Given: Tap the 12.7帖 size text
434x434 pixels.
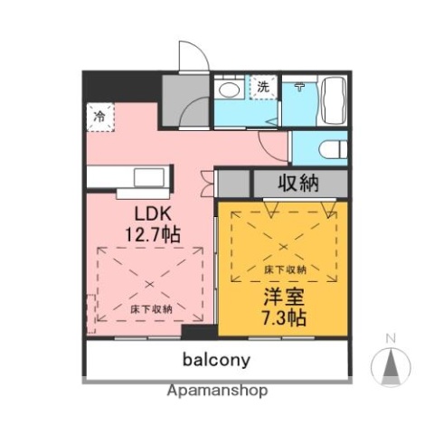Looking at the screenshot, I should (151, 234).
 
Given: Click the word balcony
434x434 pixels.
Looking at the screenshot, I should (217, 360).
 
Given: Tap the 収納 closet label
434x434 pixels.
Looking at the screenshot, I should (297, 183).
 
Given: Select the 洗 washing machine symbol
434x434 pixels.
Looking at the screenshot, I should (263, 87).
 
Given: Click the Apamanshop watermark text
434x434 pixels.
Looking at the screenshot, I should (217, 392).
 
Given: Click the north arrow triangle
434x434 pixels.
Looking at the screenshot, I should (391, 365).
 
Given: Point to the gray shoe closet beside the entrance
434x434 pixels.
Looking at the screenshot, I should (175, 93).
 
